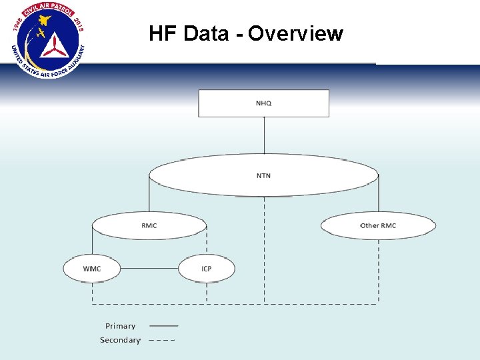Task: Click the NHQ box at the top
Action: point(263,103)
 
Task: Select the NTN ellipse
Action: point(263,176)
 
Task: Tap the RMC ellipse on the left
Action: point(149,226)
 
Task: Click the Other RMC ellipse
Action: point(378,226)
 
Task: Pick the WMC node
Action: point(92,269)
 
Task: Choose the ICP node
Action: point(207,269)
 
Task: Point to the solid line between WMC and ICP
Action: point(149,269)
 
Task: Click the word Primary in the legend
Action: point(120,326)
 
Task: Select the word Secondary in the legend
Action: point(120,340)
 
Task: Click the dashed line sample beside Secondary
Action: point(161,340)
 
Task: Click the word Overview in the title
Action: point(295,33)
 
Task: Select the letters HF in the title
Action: point(161,33)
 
